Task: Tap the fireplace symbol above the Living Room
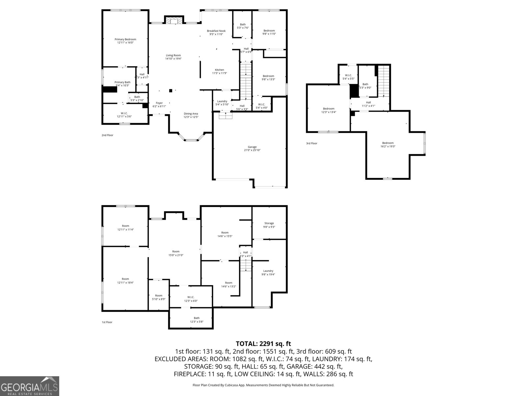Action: tap(173, 21)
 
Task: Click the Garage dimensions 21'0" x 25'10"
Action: tap(252, 150)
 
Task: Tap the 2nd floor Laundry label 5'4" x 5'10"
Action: tap(222, 103)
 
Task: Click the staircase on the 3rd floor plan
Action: tap(383, 81)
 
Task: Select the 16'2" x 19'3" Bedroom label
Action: tap(388, 145)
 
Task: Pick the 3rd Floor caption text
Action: tap(312, 143)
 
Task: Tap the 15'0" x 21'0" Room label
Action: tap(176, 253)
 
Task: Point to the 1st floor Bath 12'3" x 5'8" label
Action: tap(196, 320)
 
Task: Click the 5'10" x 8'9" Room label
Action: tap(158, 297)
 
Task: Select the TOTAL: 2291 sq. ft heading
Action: tap(263, 344)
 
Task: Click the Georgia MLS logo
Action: tap(30, 386)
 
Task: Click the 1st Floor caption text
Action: tap(107, 322)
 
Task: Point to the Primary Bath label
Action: tap(122, 84)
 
